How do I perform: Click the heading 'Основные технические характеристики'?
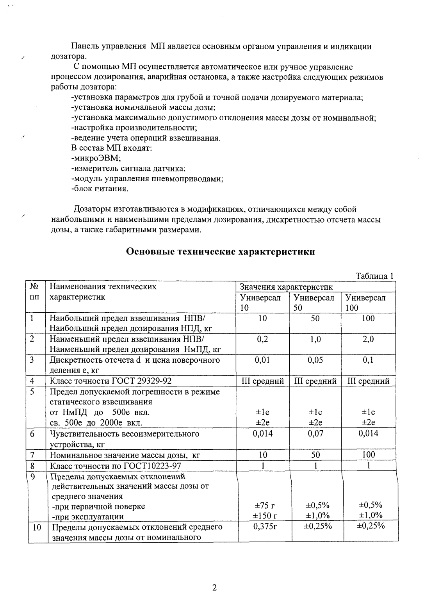point(221,252)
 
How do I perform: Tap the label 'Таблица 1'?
point(374,276)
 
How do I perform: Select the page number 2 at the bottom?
point(214,588)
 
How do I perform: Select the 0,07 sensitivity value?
point(315,434)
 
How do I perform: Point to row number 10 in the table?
point(37,527)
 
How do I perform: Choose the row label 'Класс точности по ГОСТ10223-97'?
point(116,466)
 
